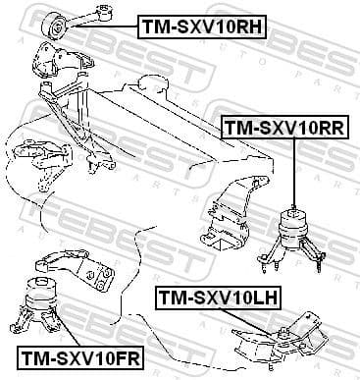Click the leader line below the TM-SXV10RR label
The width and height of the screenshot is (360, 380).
coord(293,172)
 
